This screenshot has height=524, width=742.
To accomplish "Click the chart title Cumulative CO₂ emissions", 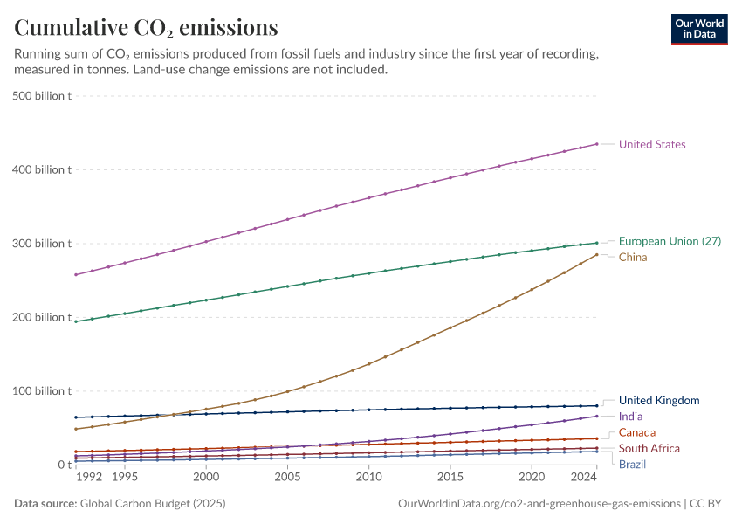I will tap(146, 28).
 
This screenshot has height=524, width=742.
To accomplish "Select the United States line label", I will tap(651, 144).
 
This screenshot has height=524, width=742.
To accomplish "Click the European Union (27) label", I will tap(670, 241).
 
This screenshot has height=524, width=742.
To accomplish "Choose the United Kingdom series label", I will tap(659, 400).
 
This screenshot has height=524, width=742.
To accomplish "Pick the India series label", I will tap(630, 417).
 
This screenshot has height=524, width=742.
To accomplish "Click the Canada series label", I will tap(637, 432).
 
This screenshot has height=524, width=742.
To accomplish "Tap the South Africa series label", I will tap(649, 448).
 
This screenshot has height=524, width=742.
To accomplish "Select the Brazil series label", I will tap(632, 464).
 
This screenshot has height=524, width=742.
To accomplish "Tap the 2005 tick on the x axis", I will tap(287, 478).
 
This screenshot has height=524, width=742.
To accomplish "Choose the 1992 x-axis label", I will tap(89, 478).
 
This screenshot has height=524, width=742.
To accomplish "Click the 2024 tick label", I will tap(582, 478).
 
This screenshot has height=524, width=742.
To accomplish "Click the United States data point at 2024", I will tap(597, 144).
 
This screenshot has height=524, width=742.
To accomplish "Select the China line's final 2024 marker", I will tap(597, 254).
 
